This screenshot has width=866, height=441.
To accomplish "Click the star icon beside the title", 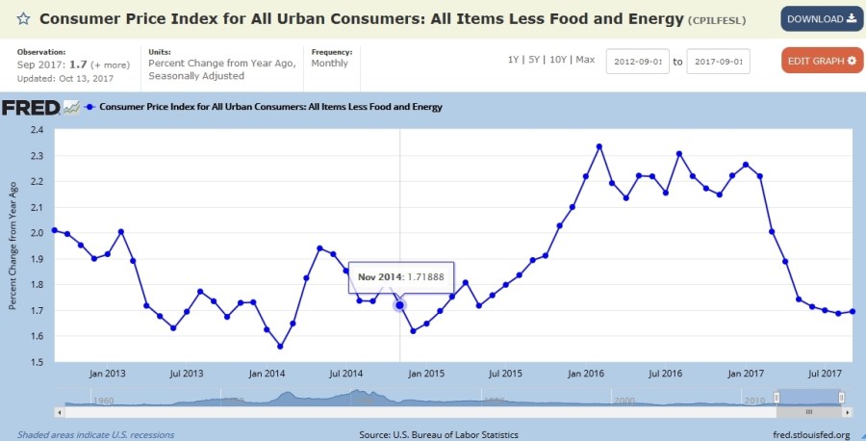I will click(x=23, y=19).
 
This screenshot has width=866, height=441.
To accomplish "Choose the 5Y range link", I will click(x=535, y=60).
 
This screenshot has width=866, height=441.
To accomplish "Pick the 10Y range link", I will click(x=557, y=60).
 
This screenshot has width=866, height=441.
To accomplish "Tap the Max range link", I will click(x=585, y=60).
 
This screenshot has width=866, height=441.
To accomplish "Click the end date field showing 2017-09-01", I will click(x=718, y=61).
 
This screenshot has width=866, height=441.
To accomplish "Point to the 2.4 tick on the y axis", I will click(x=38, y=129).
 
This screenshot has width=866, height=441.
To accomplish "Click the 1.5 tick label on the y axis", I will click(x=38, y=362).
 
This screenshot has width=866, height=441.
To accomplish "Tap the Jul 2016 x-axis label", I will click(x=665, y=374).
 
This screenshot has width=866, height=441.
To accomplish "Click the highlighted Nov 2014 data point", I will click(x=399, y=305).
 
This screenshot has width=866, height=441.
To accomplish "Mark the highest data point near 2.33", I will click(x=599, y=146).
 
